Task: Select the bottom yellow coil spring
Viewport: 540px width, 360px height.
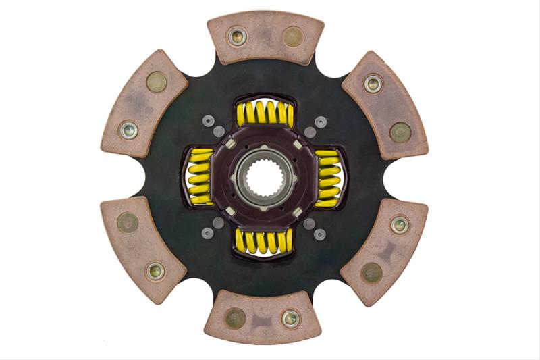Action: point(264,241)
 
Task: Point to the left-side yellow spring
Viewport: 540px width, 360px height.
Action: point(200,177)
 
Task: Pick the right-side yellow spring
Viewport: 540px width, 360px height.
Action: point(328,177)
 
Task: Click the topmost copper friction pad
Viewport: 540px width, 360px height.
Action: point(265,36)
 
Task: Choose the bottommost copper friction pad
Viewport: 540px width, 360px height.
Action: point(263,317)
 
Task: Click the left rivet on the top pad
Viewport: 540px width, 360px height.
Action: point(237,36)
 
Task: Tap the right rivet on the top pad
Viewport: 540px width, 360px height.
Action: point(293,36)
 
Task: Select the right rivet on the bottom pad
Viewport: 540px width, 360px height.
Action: point(291,318)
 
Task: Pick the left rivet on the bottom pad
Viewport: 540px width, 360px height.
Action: point(235,317)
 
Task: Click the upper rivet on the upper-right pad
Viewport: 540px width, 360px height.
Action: point(373,83)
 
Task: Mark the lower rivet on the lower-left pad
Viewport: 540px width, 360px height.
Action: point(155,272)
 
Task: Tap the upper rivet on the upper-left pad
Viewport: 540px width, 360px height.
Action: point(157,82)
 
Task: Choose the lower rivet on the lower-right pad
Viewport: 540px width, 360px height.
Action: point(371,272)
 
